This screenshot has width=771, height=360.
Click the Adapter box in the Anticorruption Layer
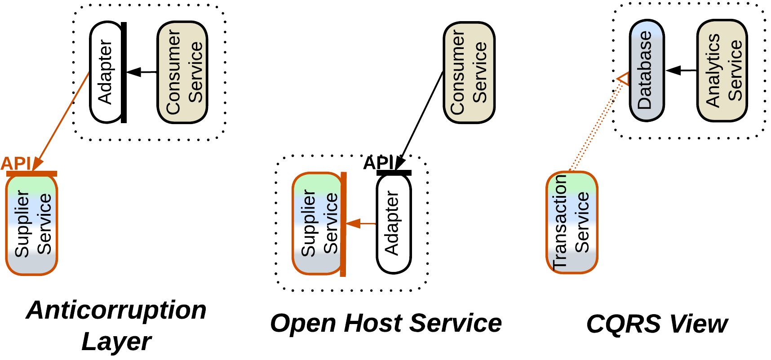point(106,72)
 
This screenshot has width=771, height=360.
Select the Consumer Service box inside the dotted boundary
point(182,72)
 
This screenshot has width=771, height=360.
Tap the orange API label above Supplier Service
point(16,164)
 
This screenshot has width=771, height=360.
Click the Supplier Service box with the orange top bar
point(31,225)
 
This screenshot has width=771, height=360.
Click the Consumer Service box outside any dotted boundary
point(469,72)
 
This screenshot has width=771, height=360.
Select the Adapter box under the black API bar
point(394,224)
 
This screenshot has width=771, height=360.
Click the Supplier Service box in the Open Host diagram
point(317,223)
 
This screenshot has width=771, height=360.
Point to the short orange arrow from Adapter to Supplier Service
point(361,223)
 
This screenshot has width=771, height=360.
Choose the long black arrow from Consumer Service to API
point(420,119)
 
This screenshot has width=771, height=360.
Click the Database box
point(647,71)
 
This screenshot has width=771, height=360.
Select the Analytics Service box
point(722,71)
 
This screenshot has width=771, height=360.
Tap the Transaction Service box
point(572,222)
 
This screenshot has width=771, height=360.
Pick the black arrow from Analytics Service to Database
point(681,71)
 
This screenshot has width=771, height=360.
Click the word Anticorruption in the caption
point(116,310)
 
